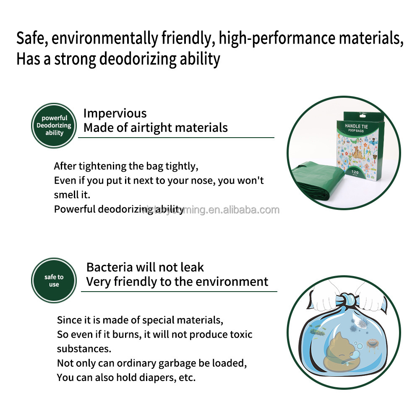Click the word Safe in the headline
(31, 39)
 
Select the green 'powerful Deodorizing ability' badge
(54, 125)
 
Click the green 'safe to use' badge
(54, 280)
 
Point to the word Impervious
(115, 113)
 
